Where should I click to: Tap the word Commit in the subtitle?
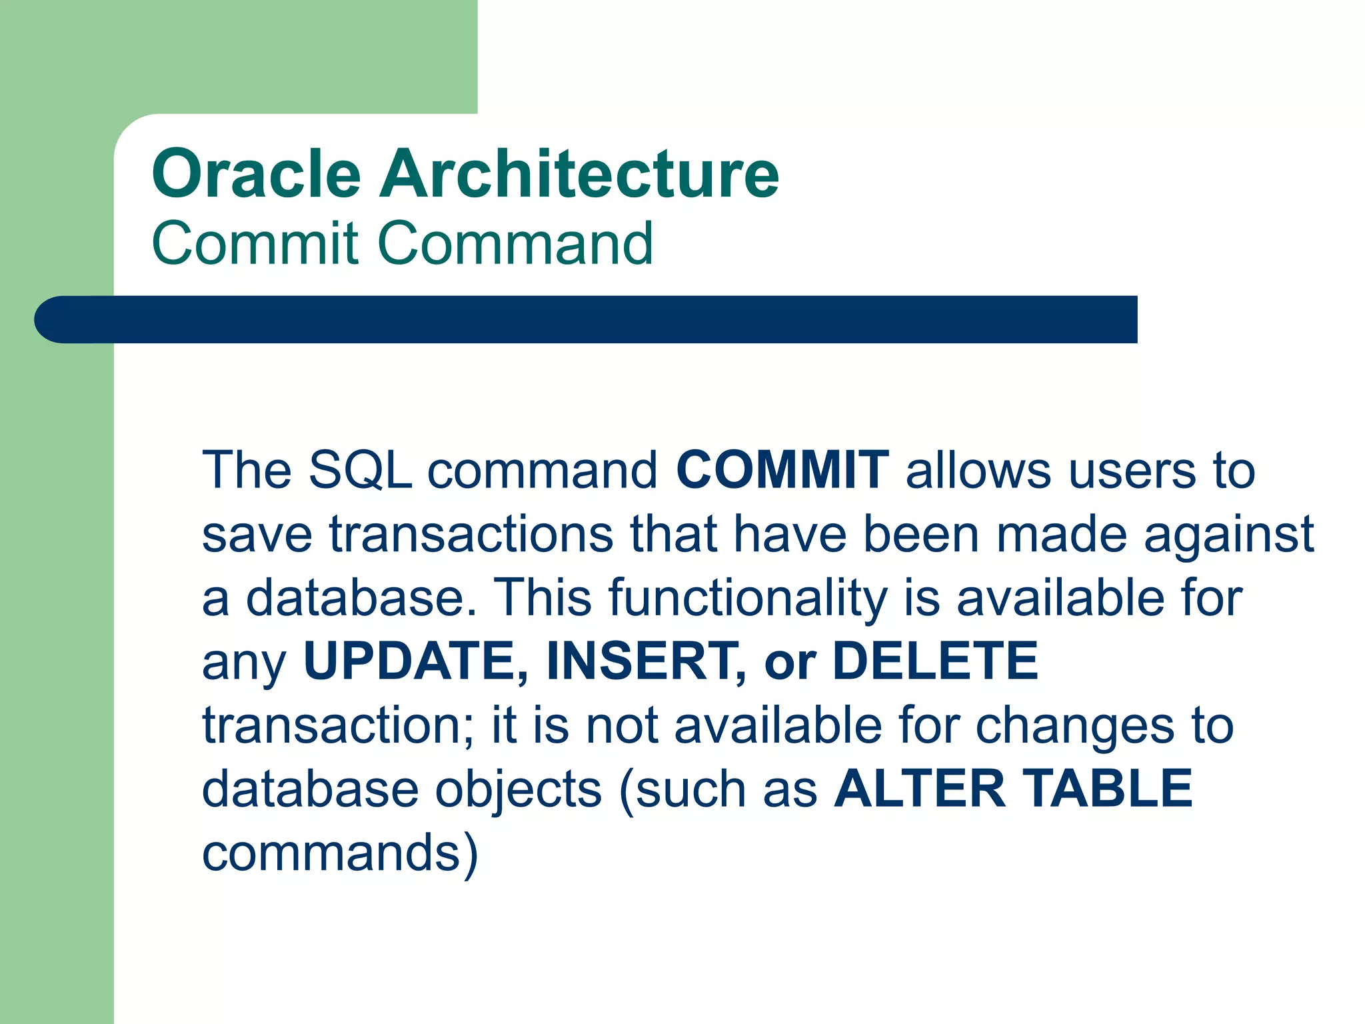(x=255, y=243)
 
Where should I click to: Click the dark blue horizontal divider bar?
(x=587, y=319)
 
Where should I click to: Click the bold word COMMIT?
(x=782, y=470)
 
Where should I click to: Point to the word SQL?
(x=360, y=470)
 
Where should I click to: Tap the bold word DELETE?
(x=935, y=661)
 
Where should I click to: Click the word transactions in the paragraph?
(x=471, y=534)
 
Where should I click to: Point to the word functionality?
(x=748, y=598)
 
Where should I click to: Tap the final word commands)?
(x=340, y=853)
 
